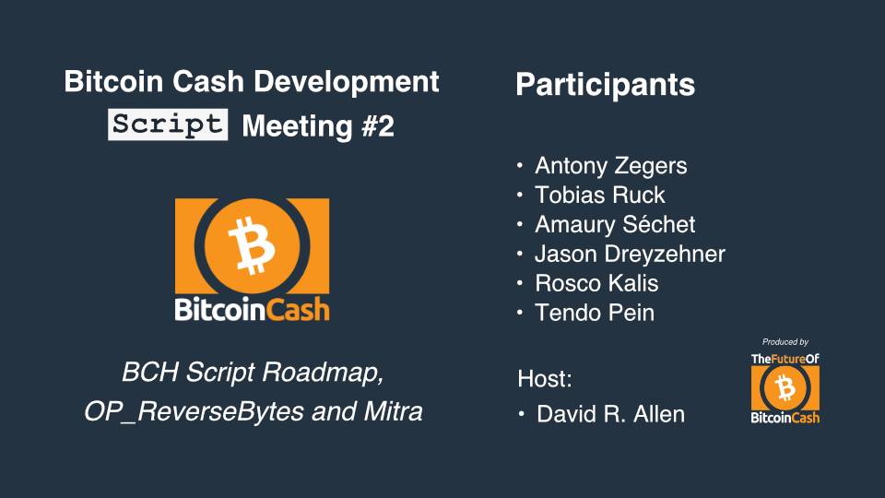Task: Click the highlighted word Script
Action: tap(168, 125)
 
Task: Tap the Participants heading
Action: tap(605, 85)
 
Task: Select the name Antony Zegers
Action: tap(610, 165)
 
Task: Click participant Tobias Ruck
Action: tap(600, 195)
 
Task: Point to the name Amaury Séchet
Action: tap(615, 224)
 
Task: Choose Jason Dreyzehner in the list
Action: tap(630, 255)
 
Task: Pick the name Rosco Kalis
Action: tap(596, 283)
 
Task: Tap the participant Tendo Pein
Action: tap(595, 313)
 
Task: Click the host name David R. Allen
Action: tap(610, 414)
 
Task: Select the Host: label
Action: tap(545, 378)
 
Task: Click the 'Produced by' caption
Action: tap(785, 342)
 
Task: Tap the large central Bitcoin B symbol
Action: tap(252, 245)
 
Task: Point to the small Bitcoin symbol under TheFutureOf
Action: tap(785, 388)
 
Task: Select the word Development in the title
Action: tap(346, 82)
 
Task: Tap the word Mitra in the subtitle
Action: tap(393, 411)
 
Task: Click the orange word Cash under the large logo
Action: tap(298, 310)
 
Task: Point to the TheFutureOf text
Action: tap(785, 359)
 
